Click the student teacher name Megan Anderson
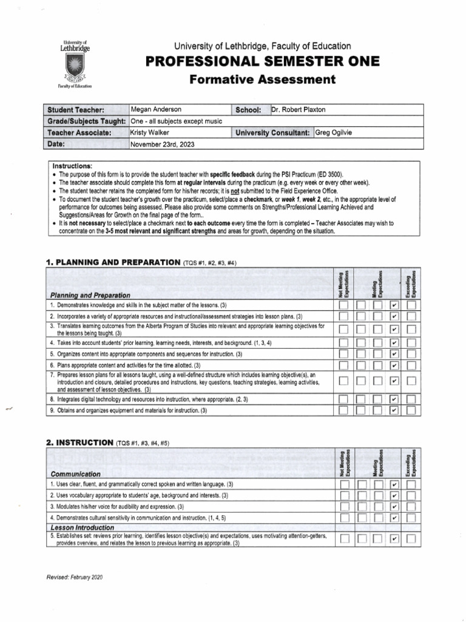pyautogui.click(x=157, y=109)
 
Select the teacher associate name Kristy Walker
pyautogui.click(x=150, y=132)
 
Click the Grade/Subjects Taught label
pyautogui.click(x=87, y=121)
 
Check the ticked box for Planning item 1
pyautogui.click(x=395, y=305)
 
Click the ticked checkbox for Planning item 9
pyautogui.click(x=395, y=411)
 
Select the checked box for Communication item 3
pyautogui.click(x=395, y=507)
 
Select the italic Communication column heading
pyautogui.click(x=76, y=473)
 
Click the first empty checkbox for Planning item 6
pyautogui.click(x=344, y=366)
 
